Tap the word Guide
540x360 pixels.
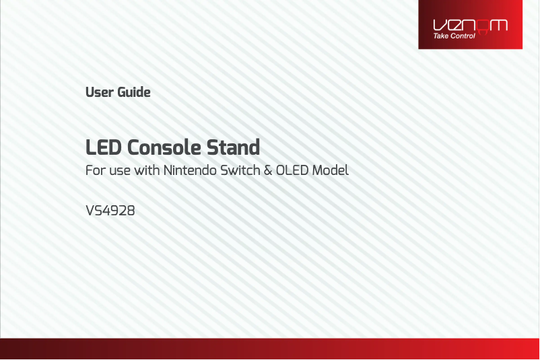(134, 92)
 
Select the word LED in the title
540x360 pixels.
(103, 147)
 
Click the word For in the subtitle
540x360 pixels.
(96, 170)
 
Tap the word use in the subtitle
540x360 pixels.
(119, 172)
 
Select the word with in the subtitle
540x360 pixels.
(147, 170)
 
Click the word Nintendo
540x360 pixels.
(189, 170)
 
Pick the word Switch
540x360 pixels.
(240, 170)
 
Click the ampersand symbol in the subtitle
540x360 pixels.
(268, 170)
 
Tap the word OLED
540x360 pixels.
(292, 170)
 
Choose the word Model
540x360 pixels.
(331, 170)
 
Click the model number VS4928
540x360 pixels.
(110, 211)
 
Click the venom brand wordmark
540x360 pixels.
(470, 26)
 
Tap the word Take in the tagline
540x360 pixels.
(441, 36)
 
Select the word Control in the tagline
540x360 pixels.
(463, 36)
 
